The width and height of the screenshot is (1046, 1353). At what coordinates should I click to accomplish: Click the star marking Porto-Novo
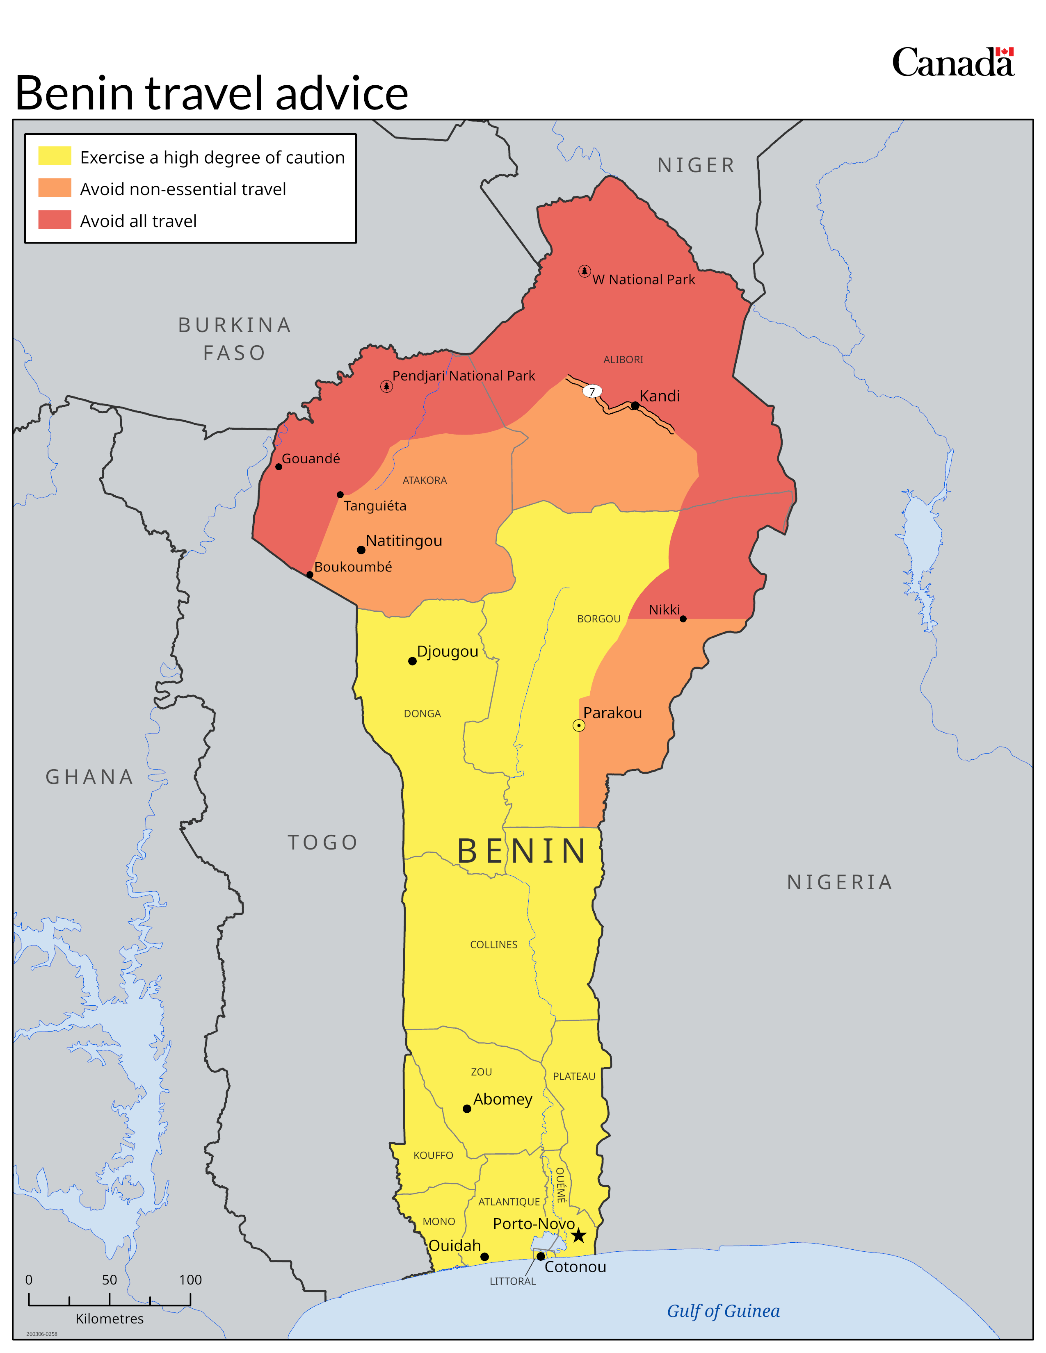[578, 1235]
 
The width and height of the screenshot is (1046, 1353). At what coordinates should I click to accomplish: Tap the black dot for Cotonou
[540, 1256]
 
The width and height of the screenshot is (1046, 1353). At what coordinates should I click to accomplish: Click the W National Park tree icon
[584, 271]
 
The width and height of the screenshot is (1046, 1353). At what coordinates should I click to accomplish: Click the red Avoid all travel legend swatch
[55, 220]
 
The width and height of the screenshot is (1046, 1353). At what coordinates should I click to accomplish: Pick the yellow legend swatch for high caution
[55, 156]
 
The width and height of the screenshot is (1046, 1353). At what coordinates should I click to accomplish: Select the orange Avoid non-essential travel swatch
[55, 188]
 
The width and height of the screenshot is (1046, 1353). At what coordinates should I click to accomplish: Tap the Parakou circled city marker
[578, 725]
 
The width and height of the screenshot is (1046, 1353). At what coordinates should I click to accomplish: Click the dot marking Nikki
[683, 619]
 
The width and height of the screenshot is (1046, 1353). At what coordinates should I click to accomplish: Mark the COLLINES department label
[493, 944]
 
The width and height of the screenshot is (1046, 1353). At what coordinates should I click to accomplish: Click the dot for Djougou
[412, 661]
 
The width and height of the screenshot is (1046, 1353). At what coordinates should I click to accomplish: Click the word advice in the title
[341, 93]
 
